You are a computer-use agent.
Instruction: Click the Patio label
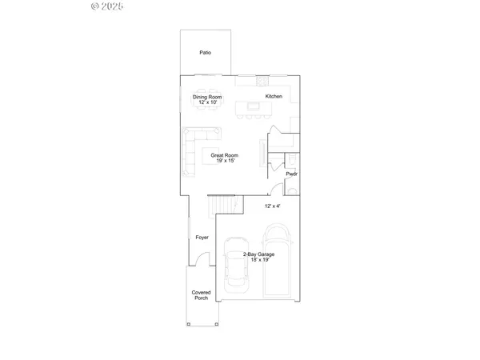click(206, 53)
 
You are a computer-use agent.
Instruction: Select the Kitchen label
click(274, 97)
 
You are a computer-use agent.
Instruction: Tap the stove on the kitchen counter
click(262, 80)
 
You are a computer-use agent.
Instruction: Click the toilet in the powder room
click(294, 189)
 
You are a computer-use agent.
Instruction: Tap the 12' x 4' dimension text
click(273, 206)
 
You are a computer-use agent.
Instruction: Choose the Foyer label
click(202, 238)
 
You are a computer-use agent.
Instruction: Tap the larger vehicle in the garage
click(278, 264)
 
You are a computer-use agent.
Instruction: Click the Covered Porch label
click(201, 295)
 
